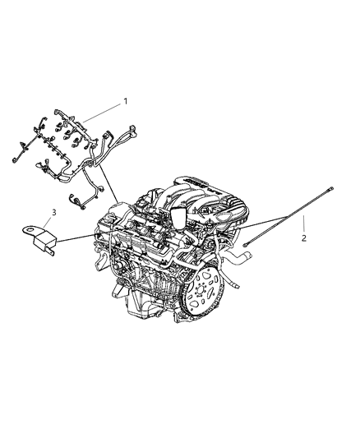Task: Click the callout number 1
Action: (x=126, y=101)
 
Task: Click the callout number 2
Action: (x=303, y=238)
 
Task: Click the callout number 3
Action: (x=54, y=213)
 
